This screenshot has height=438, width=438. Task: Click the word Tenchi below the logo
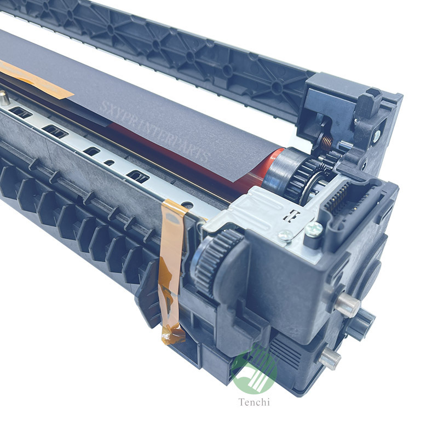click(254, 402)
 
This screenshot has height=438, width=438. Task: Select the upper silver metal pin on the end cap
click(347, 306)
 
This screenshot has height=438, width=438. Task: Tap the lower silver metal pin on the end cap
click(331, 359)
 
